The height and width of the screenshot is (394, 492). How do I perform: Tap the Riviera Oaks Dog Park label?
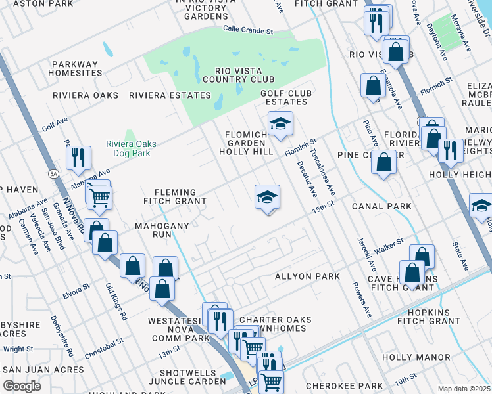[x=128, y=148]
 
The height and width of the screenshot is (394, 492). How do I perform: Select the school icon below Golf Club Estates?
[x=280, y=124]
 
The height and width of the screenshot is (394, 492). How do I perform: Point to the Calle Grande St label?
[x=247, y=31]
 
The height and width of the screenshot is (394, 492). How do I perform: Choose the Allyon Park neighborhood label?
[x=307, y=276]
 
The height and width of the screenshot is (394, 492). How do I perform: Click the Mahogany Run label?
[x=162, y=230]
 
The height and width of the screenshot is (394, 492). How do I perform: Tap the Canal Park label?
[x=381, y=206]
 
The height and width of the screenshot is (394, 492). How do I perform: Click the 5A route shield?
[x=52, y=173]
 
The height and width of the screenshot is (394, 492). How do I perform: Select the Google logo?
[x=22, y=385]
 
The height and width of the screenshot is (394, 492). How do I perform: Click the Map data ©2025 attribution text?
[x=464, y=389]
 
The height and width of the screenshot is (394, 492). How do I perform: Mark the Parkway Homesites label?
[x=77, y=68]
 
